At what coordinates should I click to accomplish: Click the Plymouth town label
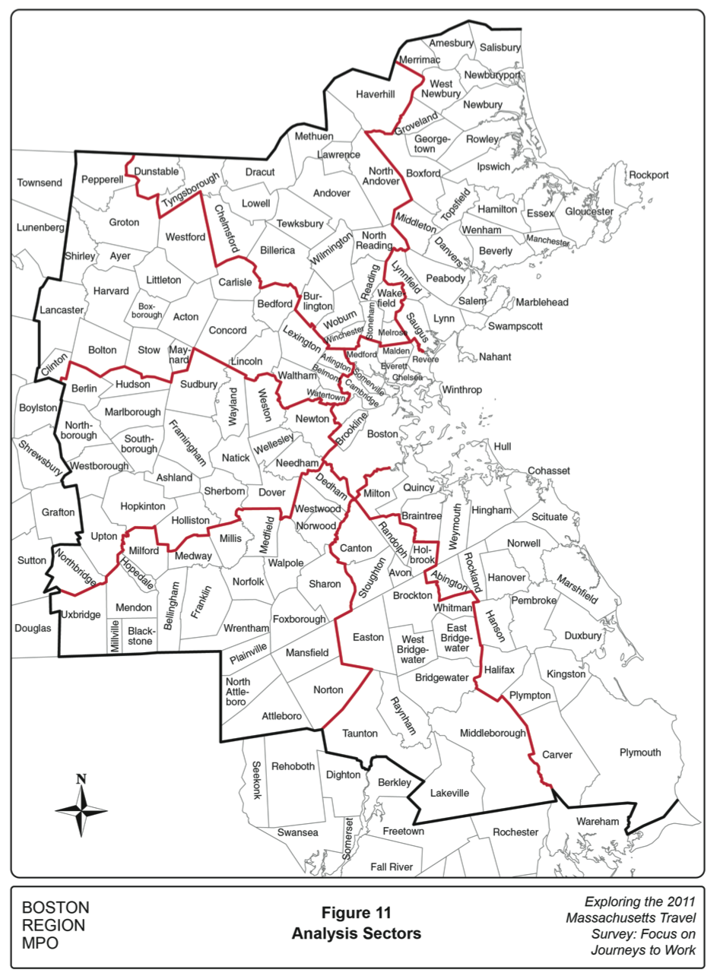click(639, 752)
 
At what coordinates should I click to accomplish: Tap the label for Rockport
click(649, 175)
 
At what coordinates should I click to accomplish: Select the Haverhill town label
click(376, 94)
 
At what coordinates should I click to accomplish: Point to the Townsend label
click(40, 184)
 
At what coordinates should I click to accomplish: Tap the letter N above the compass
click(81, 778)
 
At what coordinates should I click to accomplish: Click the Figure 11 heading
click(356, 912)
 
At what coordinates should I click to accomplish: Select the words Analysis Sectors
click(356, 933)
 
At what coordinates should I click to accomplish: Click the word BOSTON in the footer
click(56, 908)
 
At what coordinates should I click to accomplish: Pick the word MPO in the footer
click(40, 943)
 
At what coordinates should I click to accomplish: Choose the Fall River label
click(391, 867)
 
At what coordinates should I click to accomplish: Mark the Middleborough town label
click(493, 733)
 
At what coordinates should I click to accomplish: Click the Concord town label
click(227, 331)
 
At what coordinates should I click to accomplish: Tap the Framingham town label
click(187, 443)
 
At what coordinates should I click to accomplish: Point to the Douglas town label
click(33, 629)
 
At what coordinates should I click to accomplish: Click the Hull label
click(503, 446)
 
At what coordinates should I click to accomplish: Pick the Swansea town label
click(297, 832)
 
